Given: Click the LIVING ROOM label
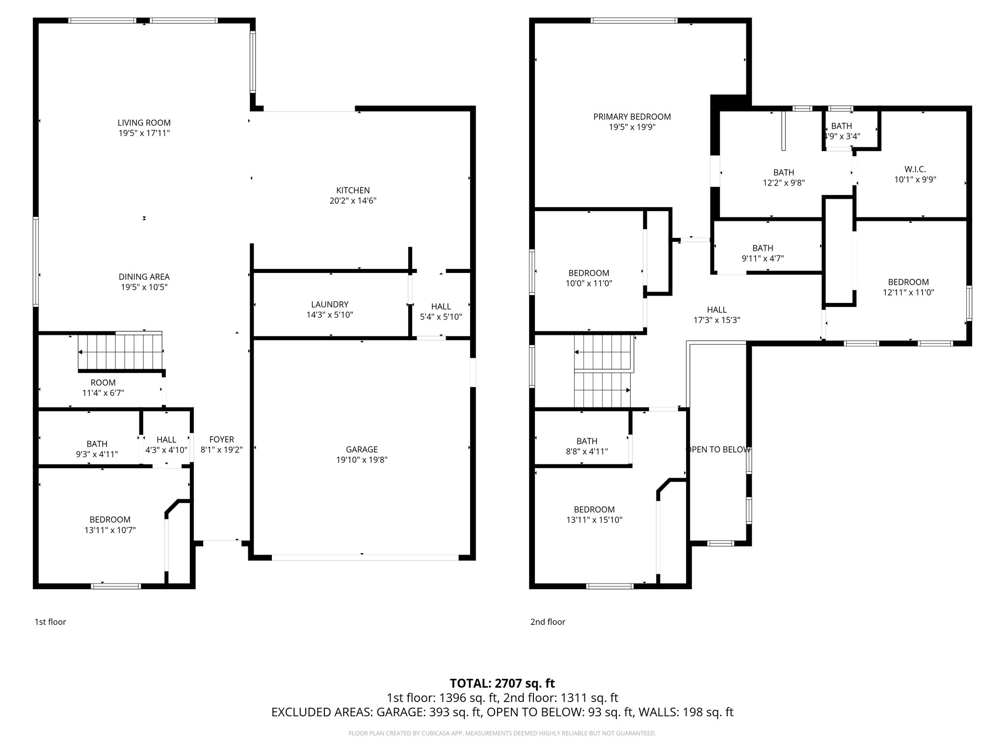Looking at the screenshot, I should [144, 123].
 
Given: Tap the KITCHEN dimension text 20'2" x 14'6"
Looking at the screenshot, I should [353, 201].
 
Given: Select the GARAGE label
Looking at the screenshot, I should [362, 449].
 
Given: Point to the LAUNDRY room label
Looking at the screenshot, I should [329, 304].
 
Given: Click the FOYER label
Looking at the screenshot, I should [221, 439].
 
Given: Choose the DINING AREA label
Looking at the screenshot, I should [144, 277].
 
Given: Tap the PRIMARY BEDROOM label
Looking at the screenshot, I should [632, 117].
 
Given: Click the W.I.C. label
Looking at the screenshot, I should [915, 169].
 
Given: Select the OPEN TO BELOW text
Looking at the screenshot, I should [717, 450].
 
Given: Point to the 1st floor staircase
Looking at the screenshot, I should [120, 351].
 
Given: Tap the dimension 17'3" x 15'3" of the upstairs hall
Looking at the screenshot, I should [716, 320].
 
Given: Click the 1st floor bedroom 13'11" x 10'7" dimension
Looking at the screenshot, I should [110, 530].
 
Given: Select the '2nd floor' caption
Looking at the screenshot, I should [547, 622].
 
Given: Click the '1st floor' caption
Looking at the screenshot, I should [50, 622].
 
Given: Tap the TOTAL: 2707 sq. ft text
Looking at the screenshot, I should [502, 683].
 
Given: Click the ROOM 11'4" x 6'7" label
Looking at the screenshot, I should [103, 387].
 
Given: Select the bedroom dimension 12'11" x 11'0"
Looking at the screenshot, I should [908, 293].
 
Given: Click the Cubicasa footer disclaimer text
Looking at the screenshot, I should [502, 733].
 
